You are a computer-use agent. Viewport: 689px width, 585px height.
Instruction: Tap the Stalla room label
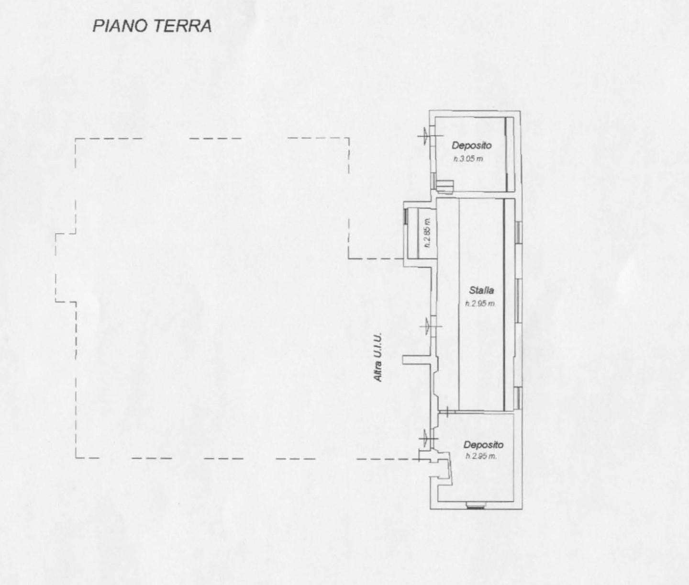(481, 290)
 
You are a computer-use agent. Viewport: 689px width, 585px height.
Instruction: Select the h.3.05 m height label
(468, 159)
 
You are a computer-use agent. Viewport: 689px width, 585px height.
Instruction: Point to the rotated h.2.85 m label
(428, 233)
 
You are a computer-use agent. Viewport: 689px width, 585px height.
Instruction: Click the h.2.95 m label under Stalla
(480, 304)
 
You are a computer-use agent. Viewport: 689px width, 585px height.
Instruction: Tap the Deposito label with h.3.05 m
(472, 146)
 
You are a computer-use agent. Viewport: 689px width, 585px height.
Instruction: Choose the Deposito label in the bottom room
(483, 445)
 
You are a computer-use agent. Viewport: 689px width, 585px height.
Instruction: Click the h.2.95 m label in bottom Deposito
(481, 457)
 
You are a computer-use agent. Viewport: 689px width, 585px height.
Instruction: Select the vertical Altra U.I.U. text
(378, 357)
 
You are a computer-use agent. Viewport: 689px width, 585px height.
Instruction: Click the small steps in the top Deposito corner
(445, 186)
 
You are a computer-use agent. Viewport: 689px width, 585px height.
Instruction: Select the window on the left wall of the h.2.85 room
(406, 216)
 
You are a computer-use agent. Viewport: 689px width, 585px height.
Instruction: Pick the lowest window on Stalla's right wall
(519, 398)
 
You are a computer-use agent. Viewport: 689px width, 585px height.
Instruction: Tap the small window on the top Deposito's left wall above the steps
(433, 180)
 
